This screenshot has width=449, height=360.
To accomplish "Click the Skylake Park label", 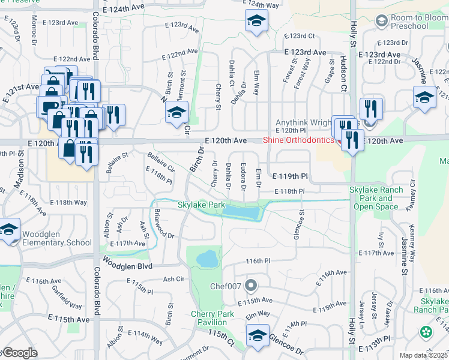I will click(201, 205).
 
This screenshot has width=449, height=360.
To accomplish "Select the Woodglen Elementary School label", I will click(57, 238).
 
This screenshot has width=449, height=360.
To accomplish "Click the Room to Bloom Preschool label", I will click(418, 23).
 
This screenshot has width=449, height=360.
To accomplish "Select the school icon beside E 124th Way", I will click(256, 22).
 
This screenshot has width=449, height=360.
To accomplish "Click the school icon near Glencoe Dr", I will click(258, 335).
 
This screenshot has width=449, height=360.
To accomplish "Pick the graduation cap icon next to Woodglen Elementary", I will click(8, 230).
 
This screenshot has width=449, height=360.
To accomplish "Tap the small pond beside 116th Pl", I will click(208, 259).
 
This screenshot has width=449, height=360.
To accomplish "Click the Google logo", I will click(20, 353).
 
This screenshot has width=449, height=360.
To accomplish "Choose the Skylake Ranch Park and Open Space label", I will click(376, 198).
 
